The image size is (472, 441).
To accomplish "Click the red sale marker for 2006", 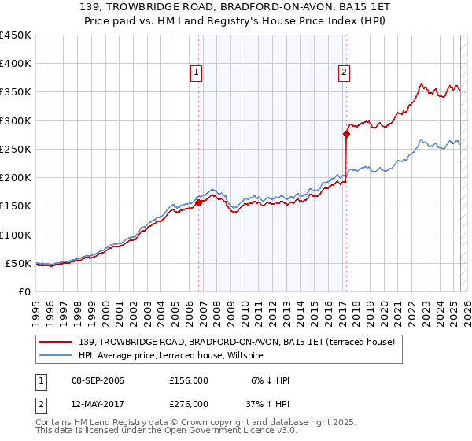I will (198, 202).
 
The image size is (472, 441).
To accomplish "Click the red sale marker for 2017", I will (345, 134).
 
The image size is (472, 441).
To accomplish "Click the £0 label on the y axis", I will (24, 291).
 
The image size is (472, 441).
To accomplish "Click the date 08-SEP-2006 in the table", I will (98, 380).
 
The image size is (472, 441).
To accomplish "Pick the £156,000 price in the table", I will (188, 380).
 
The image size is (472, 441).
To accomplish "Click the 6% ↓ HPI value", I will (270, 380).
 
